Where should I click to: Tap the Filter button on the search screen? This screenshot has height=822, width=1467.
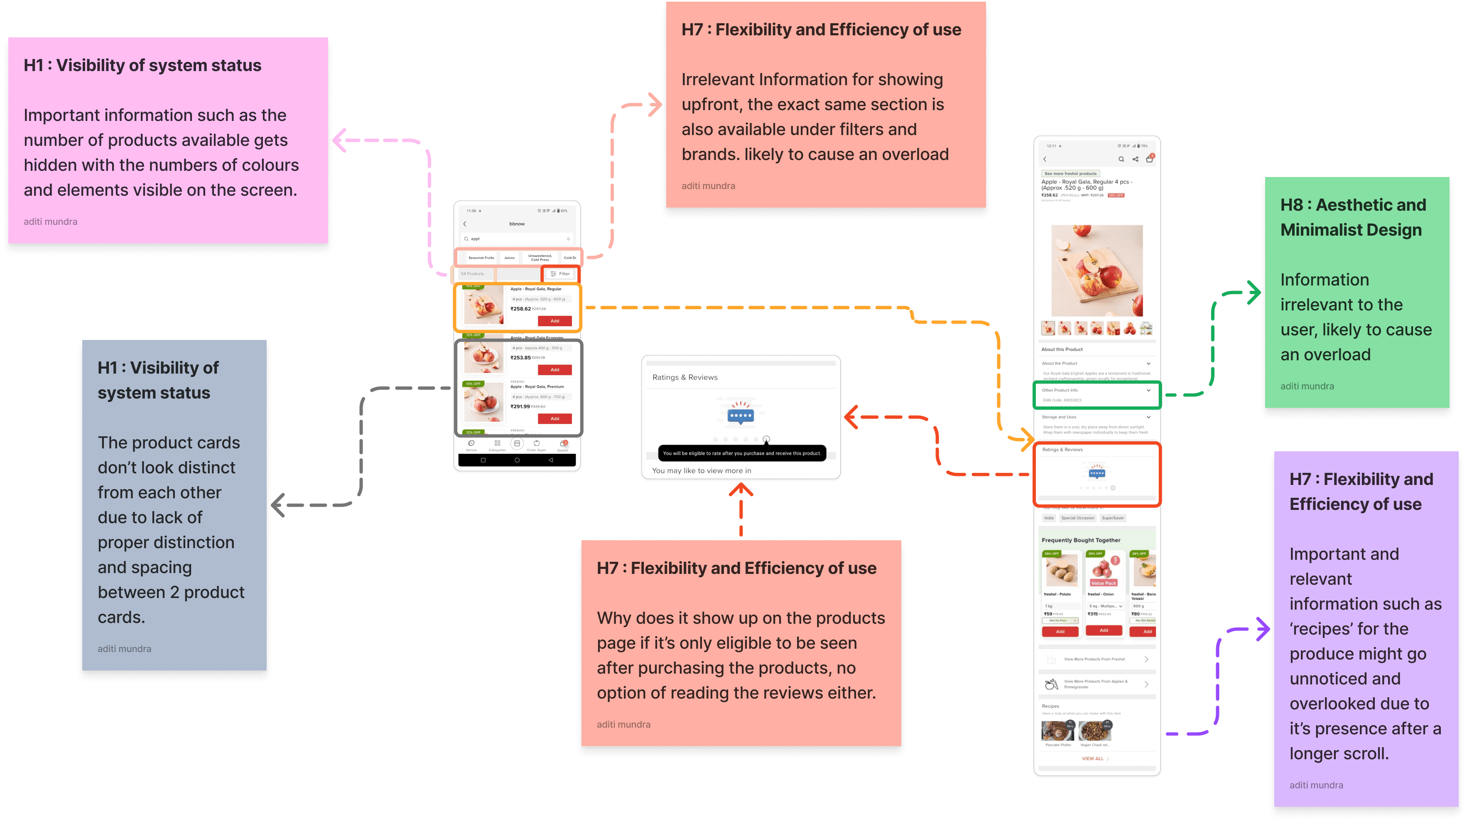coord(560,274)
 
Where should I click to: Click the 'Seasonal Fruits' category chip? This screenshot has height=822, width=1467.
coord(481,258)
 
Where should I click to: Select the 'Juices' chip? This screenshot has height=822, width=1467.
coord(509,258)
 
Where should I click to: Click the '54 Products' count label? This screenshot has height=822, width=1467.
coord(472,274)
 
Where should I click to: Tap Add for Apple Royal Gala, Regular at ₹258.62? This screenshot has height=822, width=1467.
coord(554,321)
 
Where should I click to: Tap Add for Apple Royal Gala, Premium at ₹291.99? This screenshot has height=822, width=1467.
coord(554,419)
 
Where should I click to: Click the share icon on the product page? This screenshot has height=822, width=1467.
coord(1135,160)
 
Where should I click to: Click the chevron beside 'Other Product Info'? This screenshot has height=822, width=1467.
coord(1148,390)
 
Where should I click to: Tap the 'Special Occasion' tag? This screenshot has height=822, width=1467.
coord(1077,518)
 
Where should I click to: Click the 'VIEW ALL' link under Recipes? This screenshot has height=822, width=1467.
coord(1094,759)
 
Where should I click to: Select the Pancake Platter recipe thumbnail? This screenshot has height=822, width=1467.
coord(1057,731)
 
